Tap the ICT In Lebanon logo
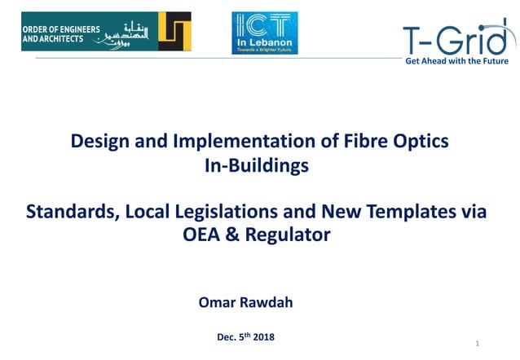point(265,33)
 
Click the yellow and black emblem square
point(174,32)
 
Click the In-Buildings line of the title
point(259,166)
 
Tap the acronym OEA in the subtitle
point(209,236)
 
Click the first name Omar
point(218,303)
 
